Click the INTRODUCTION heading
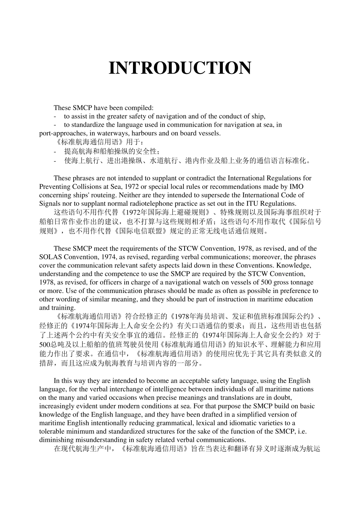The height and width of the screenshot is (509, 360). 180,69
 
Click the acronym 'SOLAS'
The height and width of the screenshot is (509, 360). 49,257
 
